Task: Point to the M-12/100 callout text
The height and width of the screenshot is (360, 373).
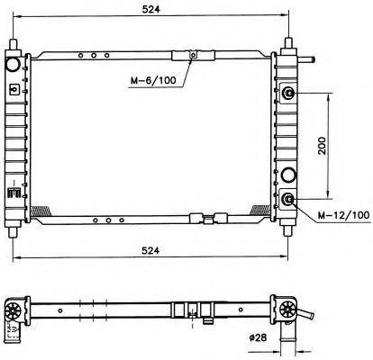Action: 342,215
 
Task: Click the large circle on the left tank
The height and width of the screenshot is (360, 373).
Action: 14,66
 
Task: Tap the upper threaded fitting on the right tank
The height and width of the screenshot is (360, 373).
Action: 288,94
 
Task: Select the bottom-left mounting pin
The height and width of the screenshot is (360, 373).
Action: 14,229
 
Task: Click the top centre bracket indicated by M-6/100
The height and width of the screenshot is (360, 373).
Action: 192,57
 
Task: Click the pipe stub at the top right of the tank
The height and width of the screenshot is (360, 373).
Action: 310,61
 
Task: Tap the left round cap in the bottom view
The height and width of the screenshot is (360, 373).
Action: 15,310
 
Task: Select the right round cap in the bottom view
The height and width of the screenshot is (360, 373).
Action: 289,310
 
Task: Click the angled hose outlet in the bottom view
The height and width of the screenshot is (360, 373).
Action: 308,319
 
